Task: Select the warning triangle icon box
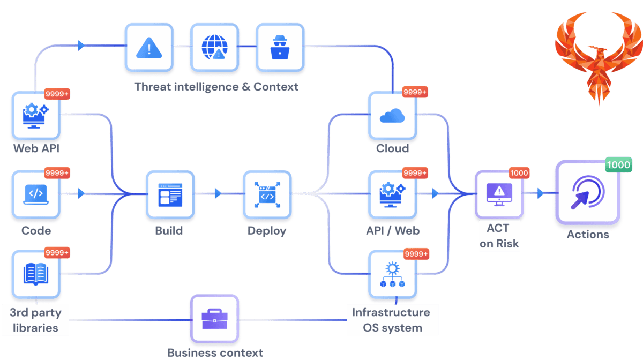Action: (149, 48)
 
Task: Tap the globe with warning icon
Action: (214, 48)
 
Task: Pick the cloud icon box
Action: (393, 116)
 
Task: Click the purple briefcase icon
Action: (214, 319)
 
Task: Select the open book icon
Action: (36, 274)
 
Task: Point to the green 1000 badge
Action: (618, 165)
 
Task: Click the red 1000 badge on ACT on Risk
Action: (518, 173)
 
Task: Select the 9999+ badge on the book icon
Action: (57, 252)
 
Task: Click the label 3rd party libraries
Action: (35, 320)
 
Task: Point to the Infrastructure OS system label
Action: (392, 320)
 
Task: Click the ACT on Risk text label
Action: (499, 236)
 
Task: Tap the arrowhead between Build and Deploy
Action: (218, 193)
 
